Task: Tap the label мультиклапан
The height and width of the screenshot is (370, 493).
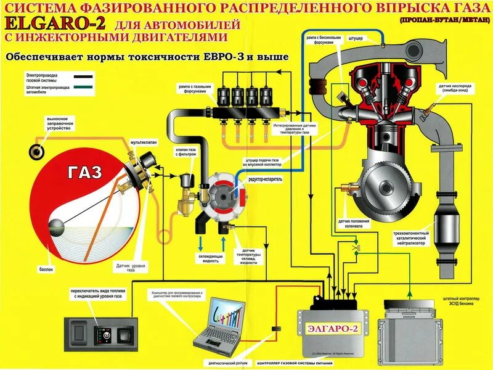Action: pyautogui.click(x=143, y=142)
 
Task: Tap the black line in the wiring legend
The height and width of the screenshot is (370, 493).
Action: pyautogui.click(x=84, y=77)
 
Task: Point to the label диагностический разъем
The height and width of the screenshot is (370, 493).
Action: pyautogui.click(x=229, y=363)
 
